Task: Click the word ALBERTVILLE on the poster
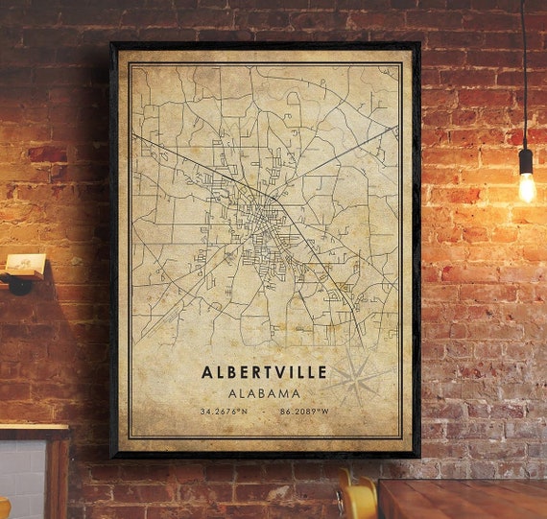click(x=264, y=371)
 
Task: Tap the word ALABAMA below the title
click(x=264, y=393)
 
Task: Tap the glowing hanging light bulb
click(x=527, y=187)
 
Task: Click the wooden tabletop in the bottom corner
click(x=461, y=499)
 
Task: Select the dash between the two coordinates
click(x=264, y=413)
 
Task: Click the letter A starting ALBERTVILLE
click(x=207, y=371)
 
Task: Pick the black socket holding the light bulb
click(x=526, y=159)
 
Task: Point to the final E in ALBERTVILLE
click(x=321, y=371)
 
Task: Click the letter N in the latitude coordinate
click(x=244, y=413)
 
